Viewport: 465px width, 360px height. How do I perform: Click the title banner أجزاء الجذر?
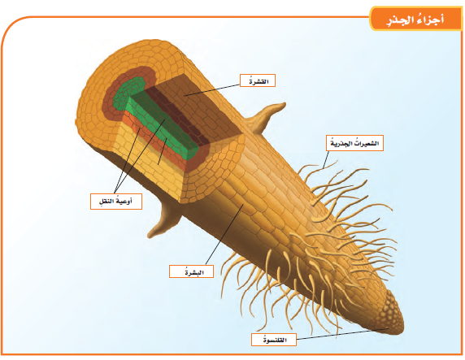tap(415, 20)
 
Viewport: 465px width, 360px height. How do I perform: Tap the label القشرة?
tap(258, 80)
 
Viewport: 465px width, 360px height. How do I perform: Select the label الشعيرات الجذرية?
tap(354, 143)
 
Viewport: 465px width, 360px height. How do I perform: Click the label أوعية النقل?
tap(116, 202)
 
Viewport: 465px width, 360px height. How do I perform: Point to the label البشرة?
tap(191, 271)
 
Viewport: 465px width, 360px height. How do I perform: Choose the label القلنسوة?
tap(274, 339)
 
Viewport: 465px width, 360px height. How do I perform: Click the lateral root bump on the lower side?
tap(164, 221)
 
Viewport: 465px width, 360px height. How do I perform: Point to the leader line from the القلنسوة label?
tap(342, 334)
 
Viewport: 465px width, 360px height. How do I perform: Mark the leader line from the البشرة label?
tap(224, 234)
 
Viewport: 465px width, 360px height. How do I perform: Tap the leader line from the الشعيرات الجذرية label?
tap(326, 160)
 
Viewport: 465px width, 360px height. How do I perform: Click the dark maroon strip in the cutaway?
tap(178, 115)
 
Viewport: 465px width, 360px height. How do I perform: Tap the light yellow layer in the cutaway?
tap(151, 160)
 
